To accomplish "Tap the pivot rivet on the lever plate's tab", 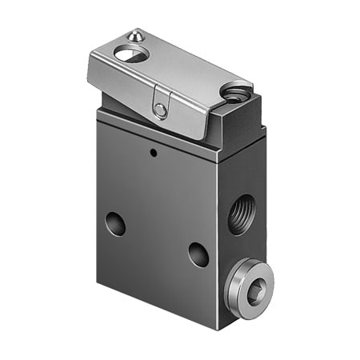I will point(161,110).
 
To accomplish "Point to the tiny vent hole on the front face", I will point(152,149).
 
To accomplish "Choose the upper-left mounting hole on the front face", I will point(115,223).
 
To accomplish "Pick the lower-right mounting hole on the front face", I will point(198,254).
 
